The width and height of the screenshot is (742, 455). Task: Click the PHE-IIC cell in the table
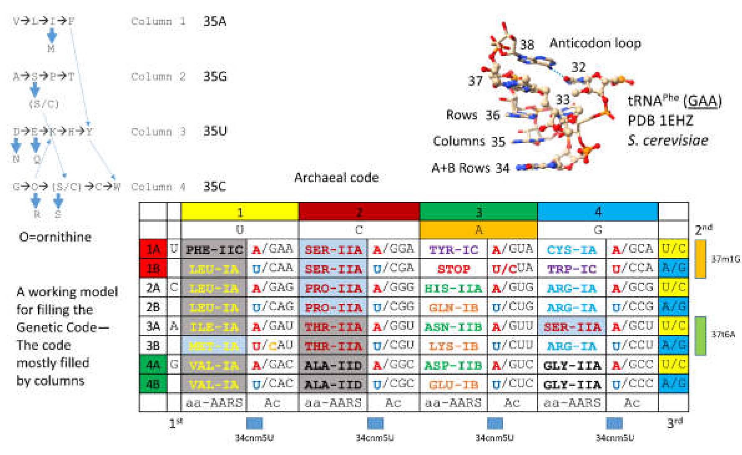pyautogui.click(x=214, y=250)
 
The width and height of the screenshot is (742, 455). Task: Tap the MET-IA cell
pyautogui.click(x=214, y=346)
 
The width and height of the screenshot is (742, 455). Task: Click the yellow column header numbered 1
pyautogui.click(x=239, y=212)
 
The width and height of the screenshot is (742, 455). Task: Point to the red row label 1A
pyautogui.click(x=153, y=250)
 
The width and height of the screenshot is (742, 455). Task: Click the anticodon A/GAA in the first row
pyautogui.click(x=272, y=249)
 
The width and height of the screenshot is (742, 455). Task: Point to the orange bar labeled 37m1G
pyautogui.click(x=700, y=259)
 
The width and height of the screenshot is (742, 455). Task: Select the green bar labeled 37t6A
pyautogui.click(x=700, y=335)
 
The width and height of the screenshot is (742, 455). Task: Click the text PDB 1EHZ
pyautogui.click(x=660, y=121)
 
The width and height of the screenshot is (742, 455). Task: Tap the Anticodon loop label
pyautogui.click(x=595, y=43)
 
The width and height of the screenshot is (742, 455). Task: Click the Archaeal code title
pyautogui.click(x=336, y=178)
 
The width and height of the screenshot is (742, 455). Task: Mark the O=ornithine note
pyautogui.click(x=55, y=237)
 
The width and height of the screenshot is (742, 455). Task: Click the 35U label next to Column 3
pyautogui.click(x=215, y=131)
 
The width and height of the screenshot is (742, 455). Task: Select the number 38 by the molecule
pyautogui.click(x=527, y=45)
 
